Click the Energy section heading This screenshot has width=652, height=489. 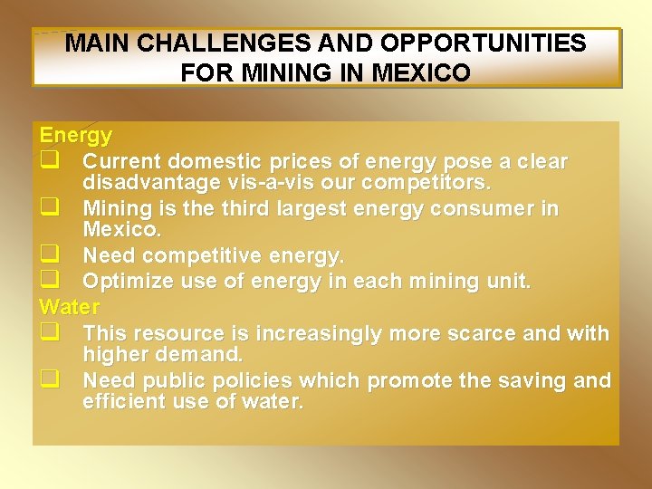(76, 136)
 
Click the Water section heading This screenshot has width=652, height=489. (71, 304)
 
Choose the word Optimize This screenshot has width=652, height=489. (129, 281)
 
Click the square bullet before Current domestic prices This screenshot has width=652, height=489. (49, 162)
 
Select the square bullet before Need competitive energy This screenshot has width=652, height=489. (49, 257)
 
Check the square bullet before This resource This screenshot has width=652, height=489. (49, 333)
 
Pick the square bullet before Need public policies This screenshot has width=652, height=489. (49, 380)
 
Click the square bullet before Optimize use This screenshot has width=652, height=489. (49, 281)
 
